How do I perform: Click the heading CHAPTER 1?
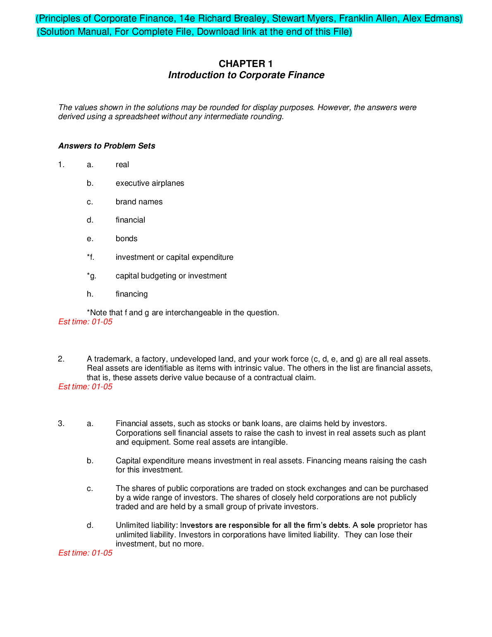(x=246, y=64)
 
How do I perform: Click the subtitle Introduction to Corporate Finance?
(x=246, y=75)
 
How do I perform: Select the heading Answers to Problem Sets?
(x=107, y=146)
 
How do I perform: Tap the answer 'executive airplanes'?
(x=150, y=183)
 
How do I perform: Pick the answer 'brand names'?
(x=139, y=202)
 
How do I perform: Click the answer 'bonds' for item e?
(x=127, y=239)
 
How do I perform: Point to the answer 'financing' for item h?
(x=131, y=294)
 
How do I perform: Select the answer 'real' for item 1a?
(x=122, y=165)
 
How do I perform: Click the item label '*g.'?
(x=91, y=276)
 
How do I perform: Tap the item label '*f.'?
(x=91, y=257)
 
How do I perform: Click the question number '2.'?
(x=61, y=359)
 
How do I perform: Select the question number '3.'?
(x=61, y=424)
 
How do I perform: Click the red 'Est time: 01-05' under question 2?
(x=85, y=387)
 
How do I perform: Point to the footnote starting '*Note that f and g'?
(x=183, y=313)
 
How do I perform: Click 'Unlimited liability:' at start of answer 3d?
(x=147, y=525)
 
